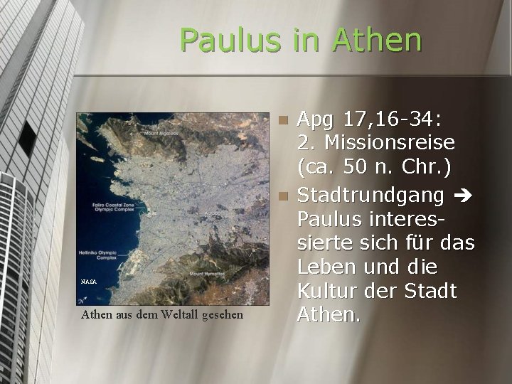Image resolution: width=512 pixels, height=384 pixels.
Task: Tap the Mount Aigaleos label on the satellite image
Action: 161,133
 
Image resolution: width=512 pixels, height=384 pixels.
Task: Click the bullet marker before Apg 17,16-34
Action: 283,120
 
